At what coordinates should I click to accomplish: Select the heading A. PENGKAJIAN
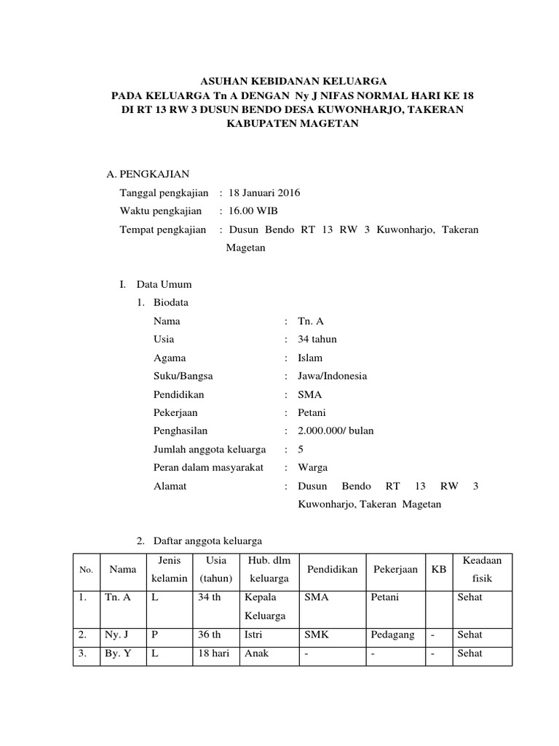coord(148,174)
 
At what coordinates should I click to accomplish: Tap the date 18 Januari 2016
coord(263,193)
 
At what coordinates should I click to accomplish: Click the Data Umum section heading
coord(164,284)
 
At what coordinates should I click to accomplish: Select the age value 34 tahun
coord(317,339)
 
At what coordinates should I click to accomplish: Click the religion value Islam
coord(310,358)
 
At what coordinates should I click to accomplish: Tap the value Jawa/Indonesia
coord(332,376)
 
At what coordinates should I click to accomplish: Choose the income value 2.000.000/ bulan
coord(336,431)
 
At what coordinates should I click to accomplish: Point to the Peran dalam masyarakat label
coord(208,467)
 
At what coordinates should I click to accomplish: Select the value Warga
coord(313,467)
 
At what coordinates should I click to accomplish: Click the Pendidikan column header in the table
coord(333,569)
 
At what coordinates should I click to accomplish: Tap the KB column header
coord(438,569)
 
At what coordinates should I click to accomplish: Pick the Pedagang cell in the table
coord(392,635)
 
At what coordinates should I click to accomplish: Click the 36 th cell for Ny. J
coord(209,635)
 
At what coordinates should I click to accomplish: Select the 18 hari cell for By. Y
coord(213,653)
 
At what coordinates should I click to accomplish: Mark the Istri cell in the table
coord(255,635)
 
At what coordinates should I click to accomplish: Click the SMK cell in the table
coord(317,635)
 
